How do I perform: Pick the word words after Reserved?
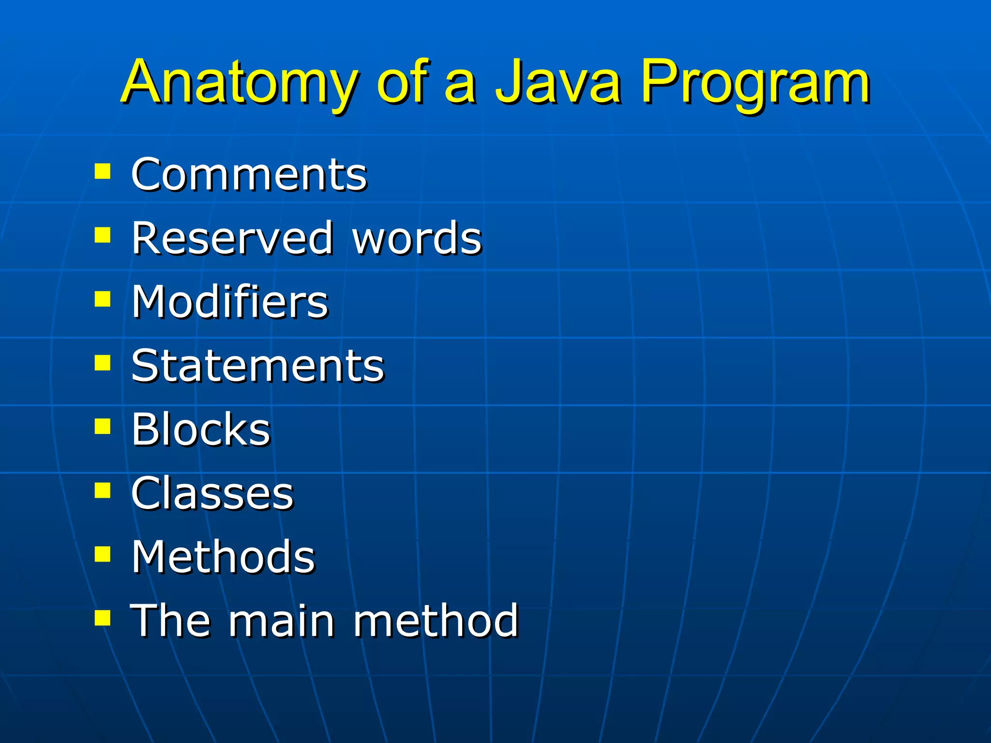[417, 238]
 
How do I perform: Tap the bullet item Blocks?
[201, 429]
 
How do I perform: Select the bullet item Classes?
[212, 493]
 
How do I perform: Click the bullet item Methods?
[223, 557]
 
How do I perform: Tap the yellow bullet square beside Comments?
[103, 172]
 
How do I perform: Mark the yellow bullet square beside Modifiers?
[103, 299]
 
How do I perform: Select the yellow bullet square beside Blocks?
[103, 427]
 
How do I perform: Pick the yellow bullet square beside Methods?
[103, 554]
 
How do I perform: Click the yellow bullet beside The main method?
[103, 618]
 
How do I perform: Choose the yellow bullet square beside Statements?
[103, 363]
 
